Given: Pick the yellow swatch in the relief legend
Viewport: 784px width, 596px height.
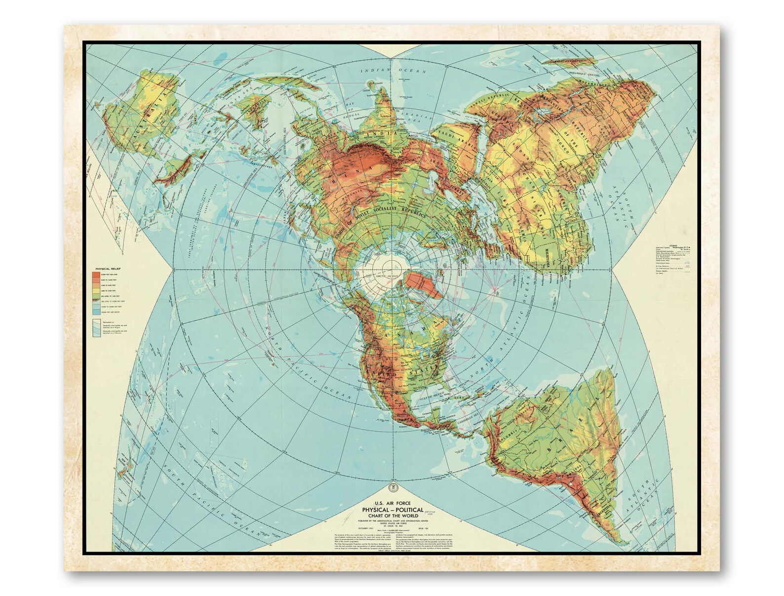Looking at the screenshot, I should (94, 293).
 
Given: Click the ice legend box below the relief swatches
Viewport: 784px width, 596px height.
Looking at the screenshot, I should (96, 329).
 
